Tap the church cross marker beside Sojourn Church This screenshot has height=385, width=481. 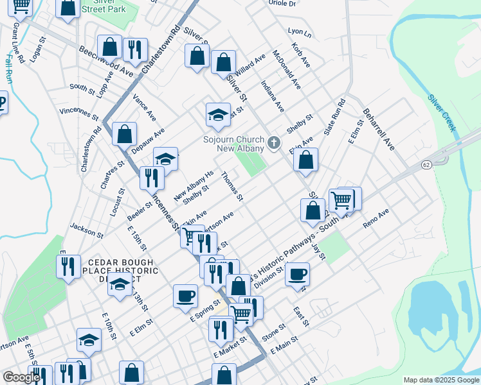(275, 143)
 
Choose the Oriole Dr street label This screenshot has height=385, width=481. (283, 4)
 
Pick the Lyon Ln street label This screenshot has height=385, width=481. (299, 31)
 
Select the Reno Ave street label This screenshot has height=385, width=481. (376, 218)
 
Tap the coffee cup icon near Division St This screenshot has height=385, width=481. (296, 274)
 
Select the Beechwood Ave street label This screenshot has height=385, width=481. (105, 62)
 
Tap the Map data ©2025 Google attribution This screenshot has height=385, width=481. (441, 380)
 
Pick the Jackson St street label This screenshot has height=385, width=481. (86, 230)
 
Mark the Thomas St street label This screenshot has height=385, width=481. (231, 186)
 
